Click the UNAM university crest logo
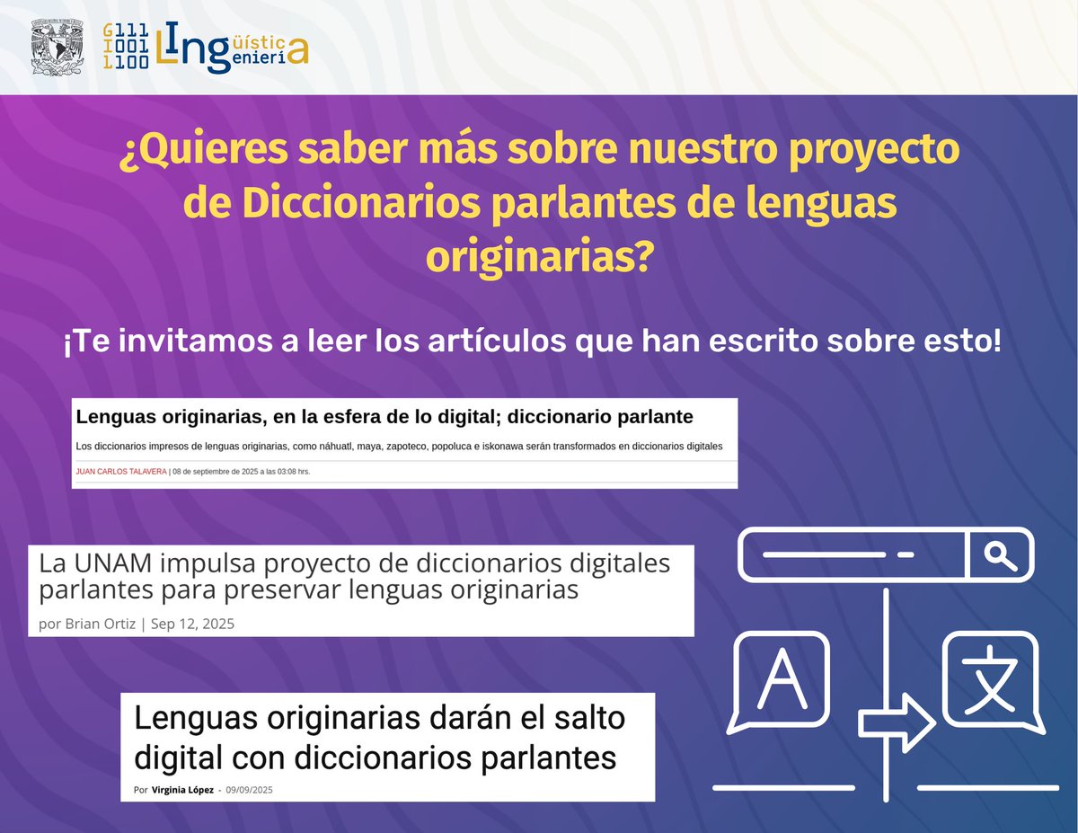(57, 47)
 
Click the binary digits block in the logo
(126, 48)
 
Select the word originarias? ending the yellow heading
(539, 258)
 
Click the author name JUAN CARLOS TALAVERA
(121, 471)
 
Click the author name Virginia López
(182, 790)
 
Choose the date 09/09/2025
(249, 790)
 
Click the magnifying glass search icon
(1000, 555)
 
